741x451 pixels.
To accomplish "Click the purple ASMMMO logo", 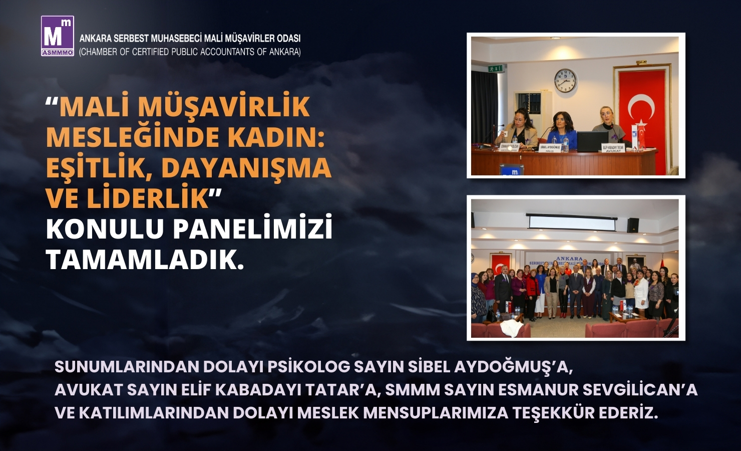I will click(x=58, y=36).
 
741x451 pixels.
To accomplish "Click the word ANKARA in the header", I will click(x=95, y=38).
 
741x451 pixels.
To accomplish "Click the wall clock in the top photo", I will click(x=565, y=81).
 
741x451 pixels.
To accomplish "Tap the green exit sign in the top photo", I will click(x=497, y=68).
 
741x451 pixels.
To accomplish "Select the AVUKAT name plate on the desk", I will click(x=612, y=148).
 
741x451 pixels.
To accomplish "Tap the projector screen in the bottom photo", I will click(x=571, y=223).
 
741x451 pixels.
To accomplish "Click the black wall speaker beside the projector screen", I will click(x=633, y=225).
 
